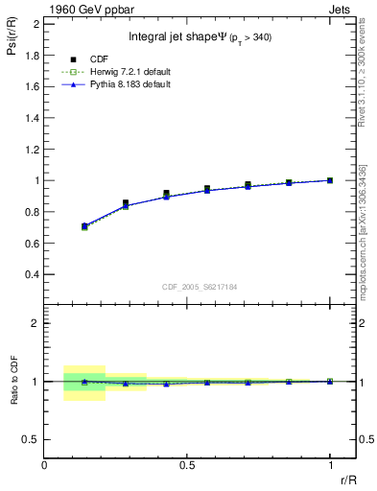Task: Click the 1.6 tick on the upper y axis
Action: (34, 86)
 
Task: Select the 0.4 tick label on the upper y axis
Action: (34, 274)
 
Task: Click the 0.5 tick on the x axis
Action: (187, 463)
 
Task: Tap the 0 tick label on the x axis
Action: (45, 463)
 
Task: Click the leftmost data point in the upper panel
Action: (84, 226)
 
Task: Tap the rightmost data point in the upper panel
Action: (330, 179)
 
